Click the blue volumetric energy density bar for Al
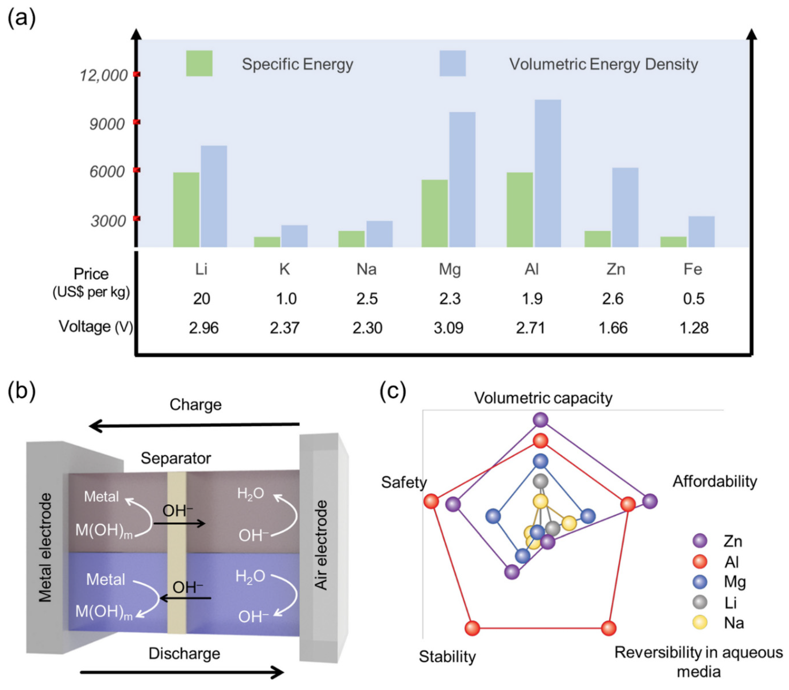[547, 173]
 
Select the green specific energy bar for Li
[186, 210]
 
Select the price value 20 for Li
[202, 299]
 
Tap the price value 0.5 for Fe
[694, 299]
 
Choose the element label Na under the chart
[366, 269]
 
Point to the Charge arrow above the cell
[194, 426]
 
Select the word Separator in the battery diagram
[176, 458]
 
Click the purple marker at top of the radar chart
[541, 420]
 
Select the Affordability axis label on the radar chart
[714, 481]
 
